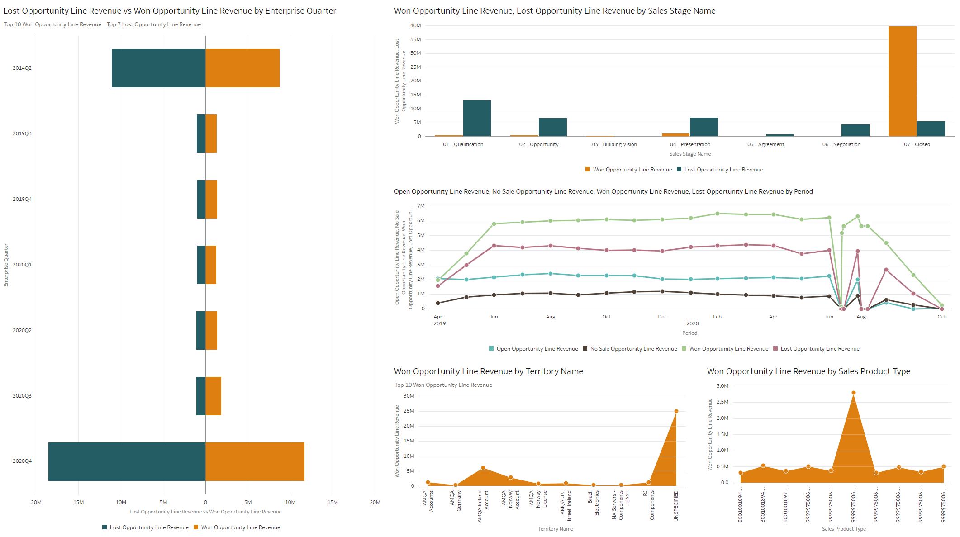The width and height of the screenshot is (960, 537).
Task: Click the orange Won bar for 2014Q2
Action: click(x=242, y=68)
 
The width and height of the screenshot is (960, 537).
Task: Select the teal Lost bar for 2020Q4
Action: click(x=127, y=461)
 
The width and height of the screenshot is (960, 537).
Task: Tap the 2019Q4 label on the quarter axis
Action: click(x=22, y=199)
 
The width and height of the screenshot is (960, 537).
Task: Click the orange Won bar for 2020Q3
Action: click(x=214, y=396)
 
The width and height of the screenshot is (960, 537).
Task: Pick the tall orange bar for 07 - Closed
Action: click(x=902, y=81)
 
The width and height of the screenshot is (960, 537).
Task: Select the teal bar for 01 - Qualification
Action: click(x=477, y=119)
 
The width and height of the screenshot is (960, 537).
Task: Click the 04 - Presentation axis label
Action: click(x=690, y=144)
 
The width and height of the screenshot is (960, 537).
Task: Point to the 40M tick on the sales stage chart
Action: click(x=415, y=25)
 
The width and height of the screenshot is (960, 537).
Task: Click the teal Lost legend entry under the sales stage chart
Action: click(x=720, y=170)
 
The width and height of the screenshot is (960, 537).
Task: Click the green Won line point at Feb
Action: click(x=718, y=214)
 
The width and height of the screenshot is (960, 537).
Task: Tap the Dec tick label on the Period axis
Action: click(x=662, y=317)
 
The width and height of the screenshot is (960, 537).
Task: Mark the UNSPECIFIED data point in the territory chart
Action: click(x=676, y=411)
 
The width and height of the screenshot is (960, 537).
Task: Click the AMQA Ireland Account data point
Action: click(x=483, y=468)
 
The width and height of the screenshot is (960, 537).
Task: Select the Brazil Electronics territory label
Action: click(x=593, y=503)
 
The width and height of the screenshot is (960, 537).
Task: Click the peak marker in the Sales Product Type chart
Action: click(x=853, y=393)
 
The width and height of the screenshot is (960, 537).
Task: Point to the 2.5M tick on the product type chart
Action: click(x=722, y=402)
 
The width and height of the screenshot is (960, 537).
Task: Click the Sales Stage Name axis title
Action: click(x=690, y=154)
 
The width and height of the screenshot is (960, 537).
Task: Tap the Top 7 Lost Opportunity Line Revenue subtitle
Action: click(x=154, y=24)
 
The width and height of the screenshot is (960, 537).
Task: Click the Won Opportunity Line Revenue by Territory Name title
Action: click(x=488, y=371)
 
